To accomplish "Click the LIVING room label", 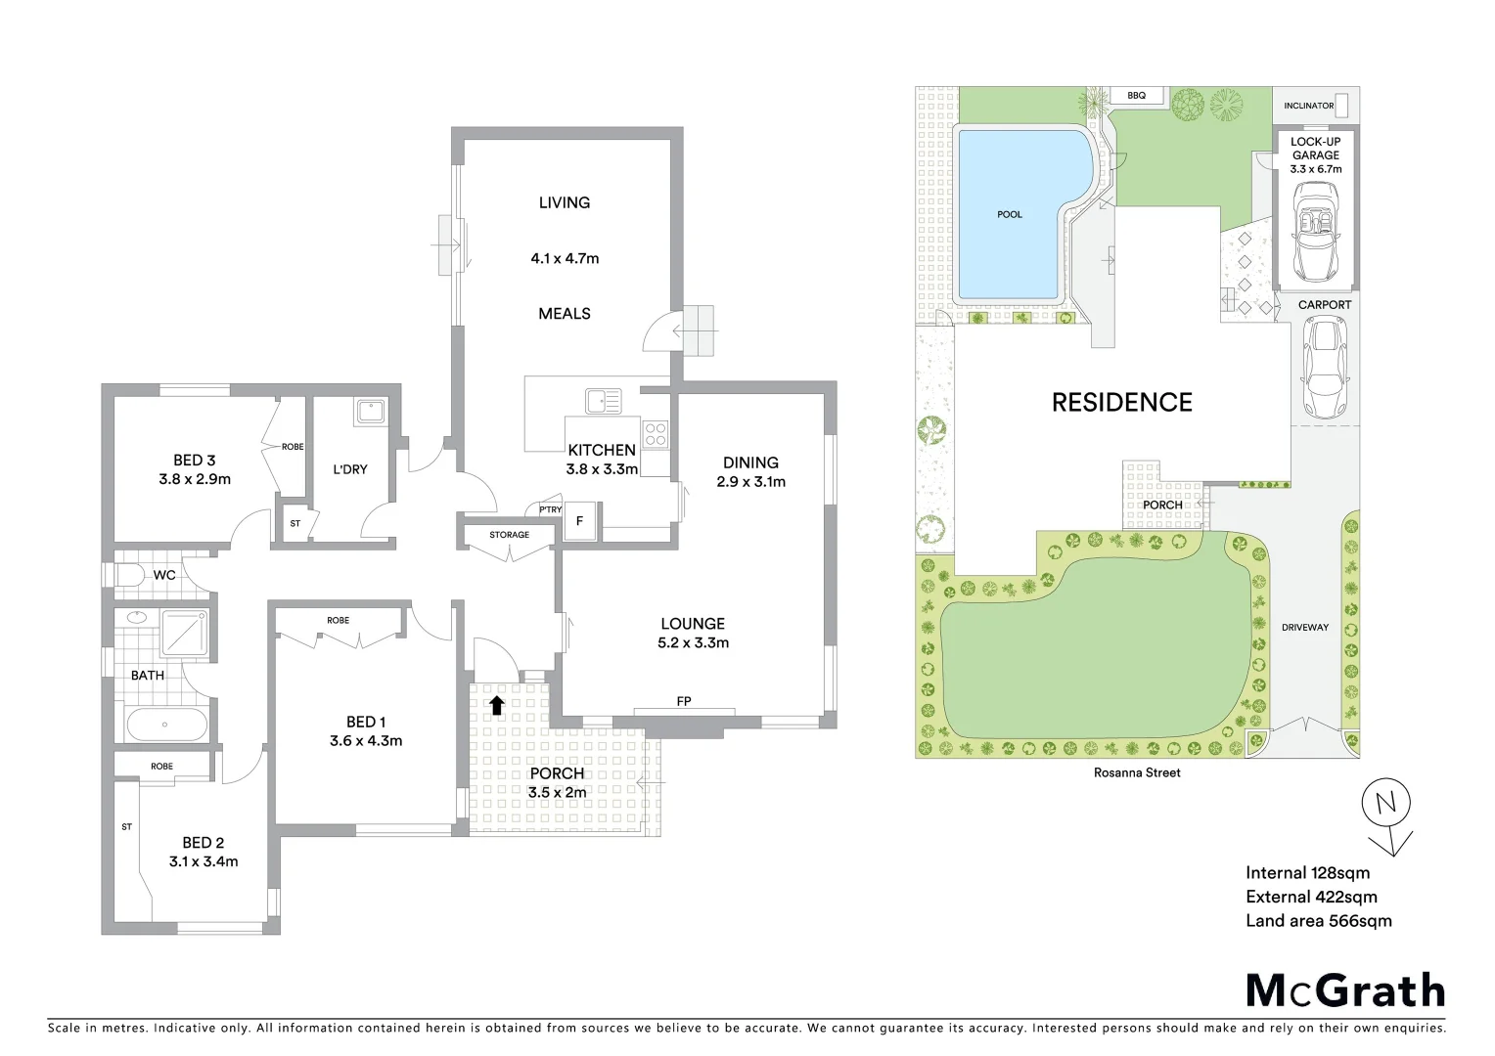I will tap(565, 202).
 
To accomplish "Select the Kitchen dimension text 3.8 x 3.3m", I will tap(602, 469).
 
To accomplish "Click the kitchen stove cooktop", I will tap(656, 434).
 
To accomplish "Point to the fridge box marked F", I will tap(579, 521).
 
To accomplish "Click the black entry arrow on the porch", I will tap(497, 704).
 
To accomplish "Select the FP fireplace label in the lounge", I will tap(684, 701).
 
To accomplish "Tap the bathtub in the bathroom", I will tap(165, 726).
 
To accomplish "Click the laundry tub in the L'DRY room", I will tap(371, 411).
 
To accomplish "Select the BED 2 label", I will tap(204, 842).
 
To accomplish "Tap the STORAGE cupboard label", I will tap(509, 535).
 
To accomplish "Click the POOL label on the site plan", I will tap(1010, 214).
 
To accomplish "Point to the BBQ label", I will tap(1136, 96).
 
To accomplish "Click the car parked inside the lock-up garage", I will tap(1314, 232).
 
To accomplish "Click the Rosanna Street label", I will tap(1137, 772).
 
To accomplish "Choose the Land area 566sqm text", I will tap(1318, 920).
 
